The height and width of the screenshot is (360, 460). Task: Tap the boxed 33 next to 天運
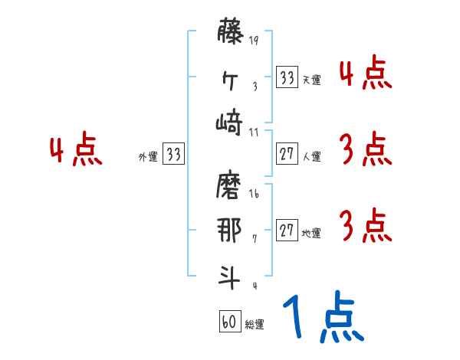(x=287, y=77)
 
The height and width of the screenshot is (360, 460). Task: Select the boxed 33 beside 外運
(x=174, y=155)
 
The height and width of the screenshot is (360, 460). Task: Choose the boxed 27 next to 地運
(x=287, y=231)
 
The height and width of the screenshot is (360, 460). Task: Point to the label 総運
(x=255, y=325)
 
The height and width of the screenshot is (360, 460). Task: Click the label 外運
(x=147, y=157)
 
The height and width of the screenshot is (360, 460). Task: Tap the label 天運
(x=311, y=80)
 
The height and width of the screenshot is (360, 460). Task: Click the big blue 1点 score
(x=322, y=318)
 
